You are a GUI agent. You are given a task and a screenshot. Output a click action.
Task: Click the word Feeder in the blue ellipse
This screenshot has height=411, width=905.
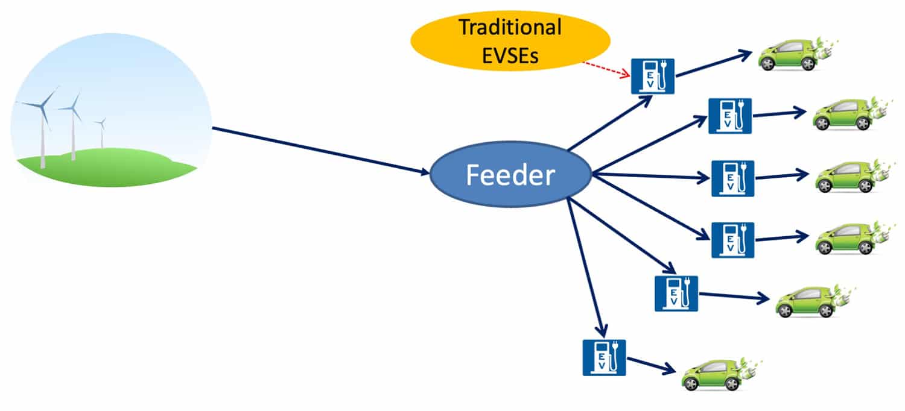(510, 175)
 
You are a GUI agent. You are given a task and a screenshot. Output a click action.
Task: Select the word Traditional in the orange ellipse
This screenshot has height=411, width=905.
(510, 27)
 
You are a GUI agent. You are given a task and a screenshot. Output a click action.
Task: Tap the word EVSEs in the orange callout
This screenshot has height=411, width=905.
(510, 57)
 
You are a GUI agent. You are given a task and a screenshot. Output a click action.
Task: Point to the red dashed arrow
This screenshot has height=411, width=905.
(606, 68)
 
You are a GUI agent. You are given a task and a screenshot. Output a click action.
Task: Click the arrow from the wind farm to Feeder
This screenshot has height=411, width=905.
(320, 150)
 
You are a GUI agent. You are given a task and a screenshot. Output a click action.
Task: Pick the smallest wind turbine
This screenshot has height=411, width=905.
(101, 131)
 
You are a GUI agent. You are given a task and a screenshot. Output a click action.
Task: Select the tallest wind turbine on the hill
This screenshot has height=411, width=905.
(42, 127)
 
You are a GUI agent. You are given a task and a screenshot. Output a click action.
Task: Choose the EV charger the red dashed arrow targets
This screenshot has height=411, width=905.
(652, 76)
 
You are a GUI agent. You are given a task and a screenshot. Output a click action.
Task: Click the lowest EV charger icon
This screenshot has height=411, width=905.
(604, 357)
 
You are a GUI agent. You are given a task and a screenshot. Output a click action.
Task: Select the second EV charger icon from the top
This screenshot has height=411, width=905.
(729, 116)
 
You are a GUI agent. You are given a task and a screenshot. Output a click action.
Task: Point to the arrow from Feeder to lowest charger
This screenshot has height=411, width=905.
(585, 268)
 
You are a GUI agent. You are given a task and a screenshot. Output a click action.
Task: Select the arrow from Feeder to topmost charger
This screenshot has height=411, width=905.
(609, 123)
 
